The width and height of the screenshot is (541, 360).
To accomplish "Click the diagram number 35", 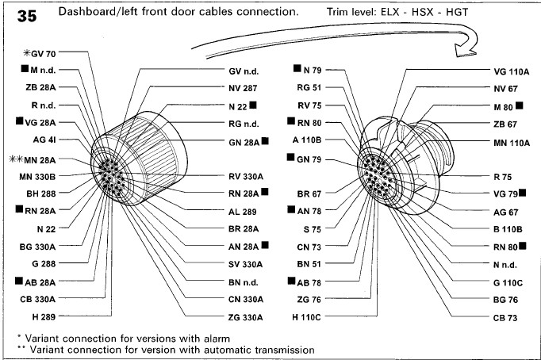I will [26, 17].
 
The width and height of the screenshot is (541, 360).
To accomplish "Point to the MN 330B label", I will [36, 175].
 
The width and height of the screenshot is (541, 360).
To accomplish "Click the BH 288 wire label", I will [40, 193].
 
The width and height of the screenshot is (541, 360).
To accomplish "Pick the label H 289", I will [44, 316].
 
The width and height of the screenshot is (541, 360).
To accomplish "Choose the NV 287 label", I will [243, 88].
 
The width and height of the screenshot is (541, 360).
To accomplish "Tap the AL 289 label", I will [243, 212].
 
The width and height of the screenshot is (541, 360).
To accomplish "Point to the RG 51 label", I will [309, 87].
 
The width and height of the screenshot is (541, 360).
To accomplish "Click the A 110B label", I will [306, 140].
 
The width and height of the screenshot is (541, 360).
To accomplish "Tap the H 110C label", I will [306, 316].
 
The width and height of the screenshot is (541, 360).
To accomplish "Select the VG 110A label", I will [511, 71].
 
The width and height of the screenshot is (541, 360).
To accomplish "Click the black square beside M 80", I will [519, 105].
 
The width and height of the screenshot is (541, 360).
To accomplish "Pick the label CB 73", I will [505, 316].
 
